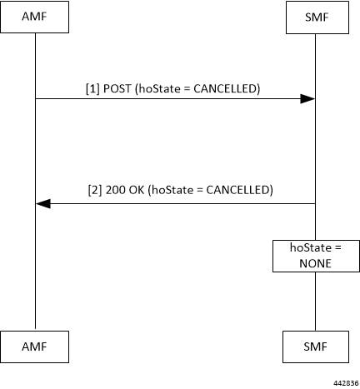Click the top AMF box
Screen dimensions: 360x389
tap(34, 17)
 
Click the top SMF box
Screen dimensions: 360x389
tap(317, 17)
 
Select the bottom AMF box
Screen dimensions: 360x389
tap(34, 347)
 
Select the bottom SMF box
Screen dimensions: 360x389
tap(316, 347)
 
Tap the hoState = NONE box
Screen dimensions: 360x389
tap(316, 256)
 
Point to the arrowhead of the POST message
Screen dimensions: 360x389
tap(307, 98)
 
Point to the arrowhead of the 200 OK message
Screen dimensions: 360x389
tap(43, 203)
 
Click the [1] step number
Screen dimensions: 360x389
tap(92, 89)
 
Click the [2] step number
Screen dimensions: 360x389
tap(95, 190)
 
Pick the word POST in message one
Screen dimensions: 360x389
tap(117, 89)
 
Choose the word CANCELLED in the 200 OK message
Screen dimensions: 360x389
tap(237, 190)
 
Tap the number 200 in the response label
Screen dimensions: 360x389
tap(115, 190)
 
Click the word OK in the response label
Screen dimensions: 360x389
tap(137, 190)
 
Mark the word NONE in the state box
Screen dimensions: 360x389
tap(315, 263)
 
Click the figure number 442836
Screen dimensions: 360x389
tap(346, 383)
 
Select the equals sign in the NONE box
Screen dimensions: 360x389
tap(337, 247)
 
